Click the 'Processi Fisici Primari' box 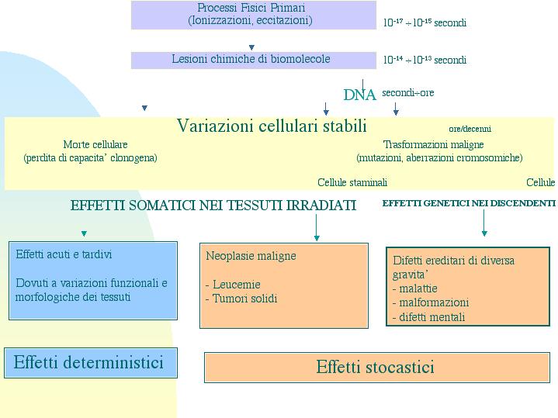coord(253,15)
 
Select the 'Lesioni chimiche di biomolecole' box coord(253,60)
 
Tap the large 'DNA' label coord(359,95)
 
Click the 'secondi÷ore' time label coord(407,93)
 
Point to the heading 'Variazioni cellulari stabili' coord(272,126)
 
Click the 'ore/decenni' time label coord(470,129)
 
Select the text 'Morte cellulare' coord(95,144)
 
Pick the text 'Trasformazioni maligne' coord(434,144)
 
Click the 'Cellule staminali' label coord(352,182)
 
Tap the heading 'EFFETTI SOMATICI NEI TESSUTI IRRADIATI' coord(213,206)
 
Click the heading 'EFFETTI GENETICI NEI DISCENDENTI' coord(469,203)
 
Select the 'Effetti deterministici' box coord(91,363)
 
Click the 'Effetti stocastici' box coord(377,368)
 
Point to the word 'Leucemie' coord(236,285)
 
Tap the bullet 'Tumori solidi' coord(244,299)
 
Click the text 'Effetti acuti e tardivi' coord(64,254)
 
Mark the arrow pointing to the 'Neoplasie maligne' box coord(317,227)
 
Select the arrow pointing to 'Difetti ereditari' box coord(484,223)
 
